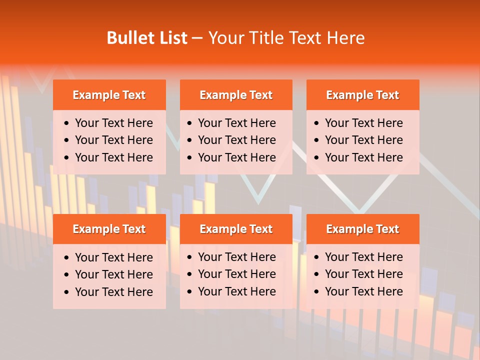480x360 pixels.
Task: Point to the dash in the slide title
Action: pos(197,38)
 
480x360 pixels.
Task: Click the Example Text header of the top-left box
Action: pos(109,95)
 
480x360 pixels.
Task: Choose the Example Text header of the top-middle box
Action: pos(236,95)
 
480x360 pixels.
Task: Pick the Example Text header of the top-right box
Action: pos(362,95)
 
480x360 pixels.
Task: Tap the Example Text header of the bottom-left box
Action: pos(109,229)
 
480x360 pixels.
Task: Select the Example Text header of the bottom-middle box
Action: pos(236,229)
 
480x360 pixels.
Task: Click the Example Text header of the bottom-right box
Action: pos(362,229)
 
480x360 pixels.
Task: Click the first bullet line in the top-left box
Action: pos(113,123)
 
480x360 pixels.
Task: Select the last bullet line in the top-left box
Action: pos(113,157)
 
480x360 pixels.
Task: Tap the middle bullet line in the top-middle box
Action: pos(236,140)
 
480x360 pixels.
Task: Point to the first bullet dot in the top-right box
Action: pos(317,123)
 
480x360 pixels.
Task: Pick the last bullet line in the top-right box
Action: pos(363,157)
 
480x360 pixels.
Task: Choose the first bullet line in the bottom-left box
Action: pos(113,257)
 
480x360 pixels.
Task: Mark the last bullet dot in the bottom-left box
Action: pos(67,292)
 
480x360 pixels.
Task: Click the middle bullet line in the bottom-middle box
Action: pos(236,274)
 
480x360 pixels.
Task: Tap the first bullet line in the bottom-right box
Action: pos(363,257)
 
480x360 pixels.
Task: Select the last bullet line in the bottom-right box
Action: pos(363,291)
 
